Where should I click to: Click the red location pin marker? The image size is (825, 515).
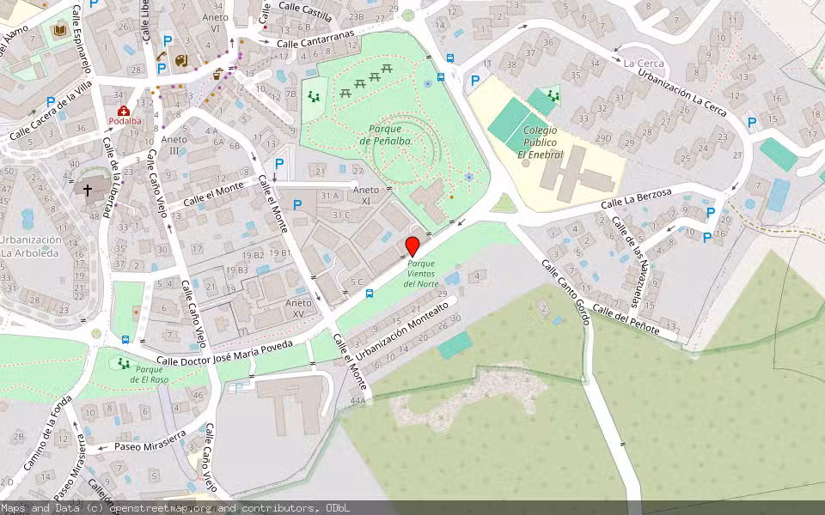coord(412,246)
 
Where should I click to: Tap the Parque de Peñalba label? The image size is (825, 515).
coord(386,135)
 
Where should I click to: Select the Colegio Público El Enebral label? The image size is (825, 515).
coord(540,142)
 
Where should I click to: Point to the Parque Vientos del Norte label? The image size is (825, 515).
coord(421,274)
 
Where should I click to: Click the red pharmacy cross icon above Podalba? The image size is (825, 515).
coord(124,111)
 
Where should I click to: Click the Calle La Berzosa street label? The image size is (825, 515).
coord(636,199)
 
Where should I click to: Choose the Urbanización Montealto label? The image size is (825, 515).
coord(402,329)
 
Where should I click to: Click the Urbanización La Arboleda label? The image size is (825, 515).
coord(31,246)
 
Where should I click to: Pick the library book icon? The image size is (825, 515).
coord(60,31)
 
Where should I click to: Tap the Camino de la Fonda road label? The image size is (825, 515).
coord(48,438)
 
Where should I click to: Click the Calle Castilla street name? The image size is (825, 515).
coord(304,14)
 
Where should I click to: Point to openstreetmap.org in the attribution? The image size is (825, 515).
coord(162,508)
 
